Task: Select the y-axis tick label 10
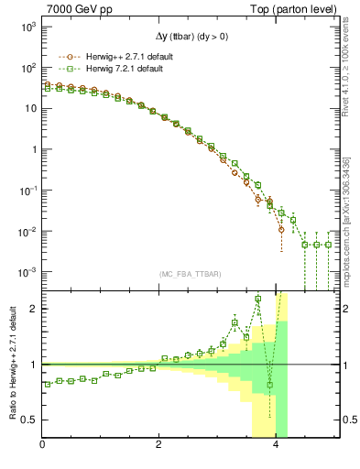click(x=29, y=109)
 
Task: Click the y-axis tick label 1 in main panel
click(x=32, y=149)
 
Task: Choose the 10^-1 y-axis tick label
click(x=27, y=191)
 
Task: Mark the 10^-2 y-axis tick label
click(x=27, y=231)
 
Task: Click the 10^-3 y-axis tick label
click(x=27, y=272)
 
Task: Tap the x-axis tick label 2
click(x=159, y=446)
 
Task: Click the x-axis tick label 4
click(x=277, y=446)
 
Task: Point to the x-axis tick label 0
click(x=43, y=446)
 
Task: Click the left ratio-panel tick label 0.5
click(x=28, y=420)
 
